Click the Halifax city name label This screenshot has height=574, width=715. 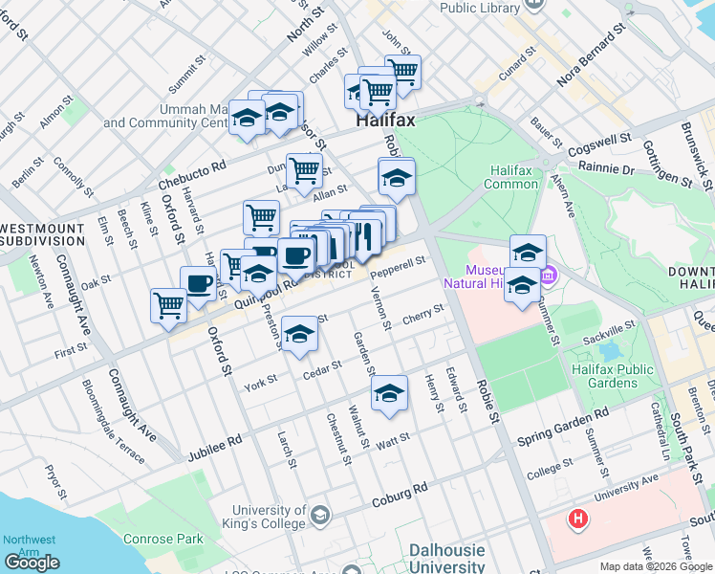click(x=385, y=122)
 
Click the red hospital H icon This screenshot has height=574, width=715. click(x=577, y=520)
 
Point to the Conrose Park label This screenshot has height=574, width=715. click(x=163, y=539)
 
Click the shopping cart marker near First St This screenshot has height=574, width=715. click(x=168, y=305)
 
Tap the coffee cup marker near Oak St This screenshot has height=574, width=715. click(x=199, y=283)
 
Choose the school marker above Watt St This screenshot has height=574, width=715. click(x=389, y=393)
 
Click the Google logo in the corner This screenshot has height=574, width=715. click(x=32, y=563)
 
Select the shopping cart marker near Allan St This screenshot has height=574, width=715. click(x=304, y=170)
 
